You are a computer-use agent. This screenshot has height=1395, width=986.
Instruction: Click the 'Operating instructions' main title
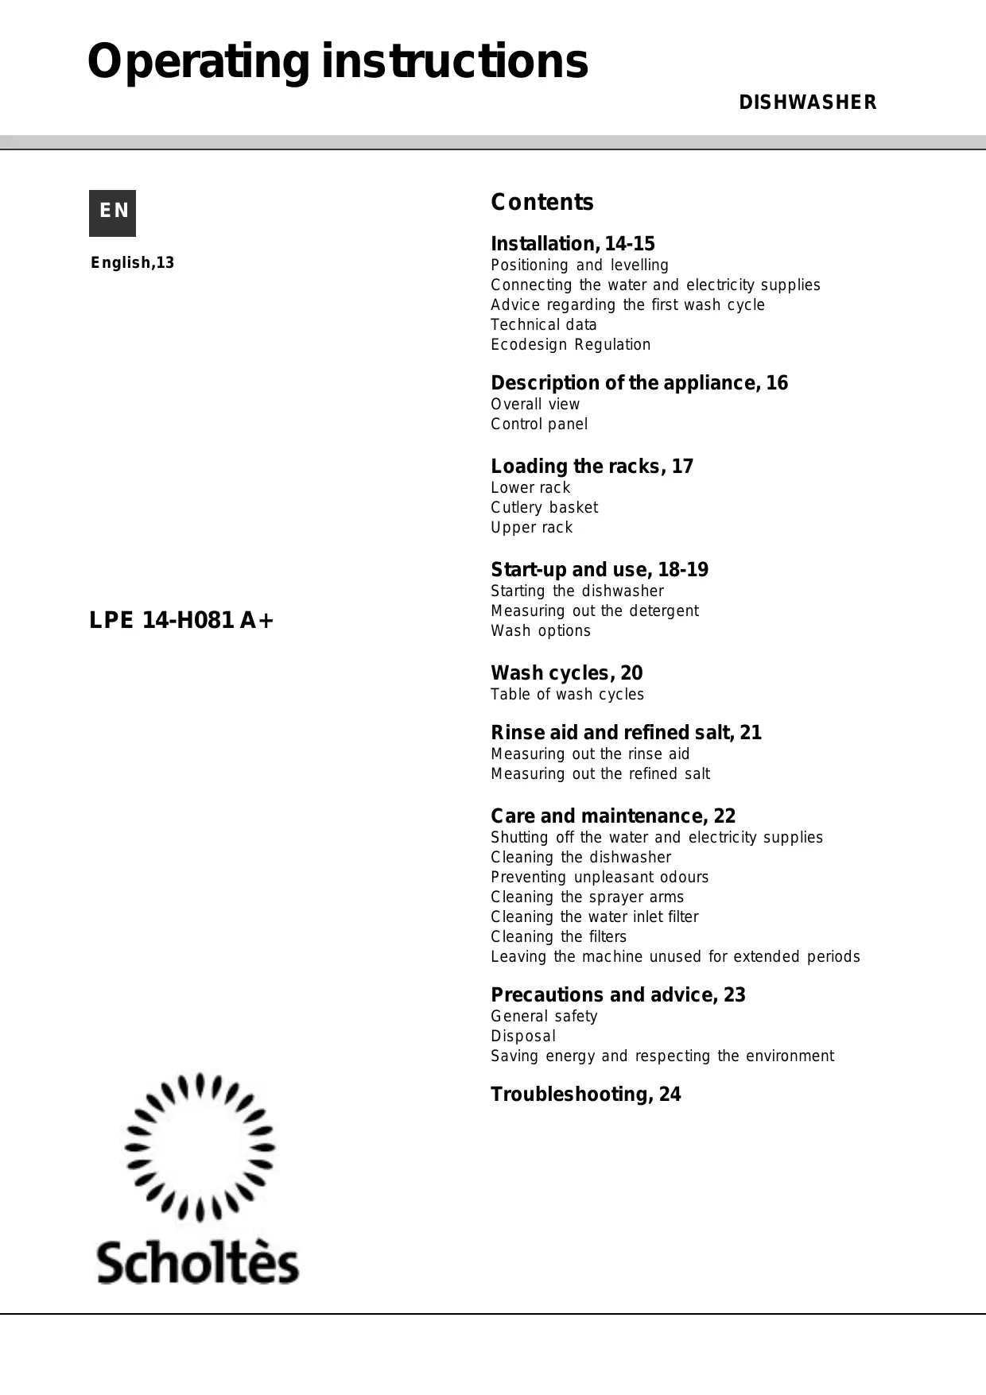338,62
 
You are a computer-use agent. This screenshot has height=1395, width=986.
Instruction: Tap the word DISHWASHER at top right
807,103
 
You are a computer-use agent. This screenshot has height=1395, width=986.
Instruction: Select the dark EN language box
112,213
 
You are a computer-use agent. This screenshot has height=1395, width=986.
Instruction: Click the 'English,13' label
132,263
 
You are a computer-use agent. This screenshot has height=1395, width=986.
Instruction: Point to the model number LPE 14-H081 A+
181,620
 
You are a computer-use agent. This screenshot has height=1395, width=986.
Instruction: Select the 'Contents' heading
542,203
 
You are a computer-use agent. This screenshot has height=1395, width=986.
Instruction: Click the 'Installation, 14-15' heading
573,244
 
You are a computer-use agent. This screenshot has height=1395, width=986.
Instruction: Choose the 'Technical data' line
543,324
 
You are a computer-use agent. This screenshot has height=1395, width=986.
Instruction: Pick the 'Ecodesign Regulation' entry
570,344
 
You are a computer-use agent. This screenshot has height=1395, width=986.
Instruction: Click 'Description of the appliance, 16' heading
639,383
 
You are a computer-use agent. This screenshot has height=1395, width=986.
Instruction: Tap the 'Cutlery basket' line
544,507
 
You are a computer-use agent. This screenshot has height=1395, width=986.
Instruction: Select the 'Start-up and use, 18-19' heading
599,570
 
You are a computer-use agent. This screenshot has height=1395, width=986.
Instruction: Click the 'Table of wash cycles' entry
567,694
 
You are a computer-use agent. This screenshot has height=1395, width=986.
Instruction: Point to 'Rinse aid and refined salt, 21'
626,733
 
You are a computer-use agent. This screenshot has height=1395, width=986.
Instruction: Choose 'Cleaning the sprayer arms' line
587,897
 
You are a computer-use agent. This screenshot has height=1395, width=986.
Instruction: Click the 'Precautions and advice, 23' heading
618,995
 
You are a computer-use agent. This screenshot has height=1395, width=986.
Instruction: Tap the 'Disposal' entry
523,1036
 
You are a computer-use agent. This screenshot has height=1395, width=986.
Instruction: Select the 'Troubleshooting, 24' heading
585,1095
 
